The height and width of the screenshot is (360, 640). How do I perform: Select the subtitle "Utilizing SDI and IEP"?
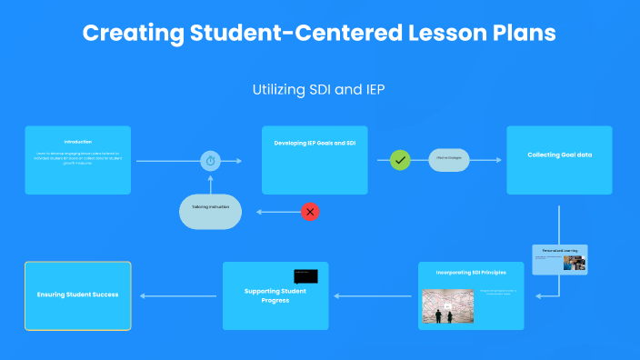319,90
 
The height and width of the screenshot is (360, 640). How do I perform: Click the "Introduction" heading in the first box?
77,142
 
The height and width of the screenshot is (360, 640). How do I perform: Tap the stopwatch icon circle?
211,161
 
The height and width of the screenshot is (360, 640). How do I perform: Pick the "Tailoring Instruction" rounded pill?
210,208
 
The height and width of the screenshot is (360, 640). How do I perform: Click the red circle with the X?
310,212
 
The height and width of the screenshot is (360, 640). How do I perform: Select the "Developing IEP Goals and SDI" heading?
315,143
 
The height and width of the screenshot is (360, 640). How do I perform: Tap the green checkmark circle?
400,161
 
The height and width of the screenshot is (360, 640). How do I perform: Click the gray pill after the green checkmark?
449,160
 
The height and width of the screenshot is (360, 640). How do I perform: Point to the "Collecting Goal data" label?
559,155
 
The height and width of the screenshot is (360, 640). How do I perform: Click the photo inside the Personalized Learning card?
574,263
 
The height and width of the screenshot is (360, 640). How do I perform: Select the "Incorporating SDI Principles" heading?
471,272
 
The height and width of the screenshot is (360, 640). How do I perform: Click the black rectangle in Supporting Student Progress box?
305,275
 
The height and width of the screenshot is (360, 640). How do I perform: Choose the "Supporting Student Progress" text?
275,295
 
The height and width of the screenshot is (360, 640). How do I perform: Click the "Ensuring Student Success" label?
77,295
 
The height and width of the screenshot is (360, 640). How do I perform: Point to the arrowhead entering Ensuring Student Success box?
137,295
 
